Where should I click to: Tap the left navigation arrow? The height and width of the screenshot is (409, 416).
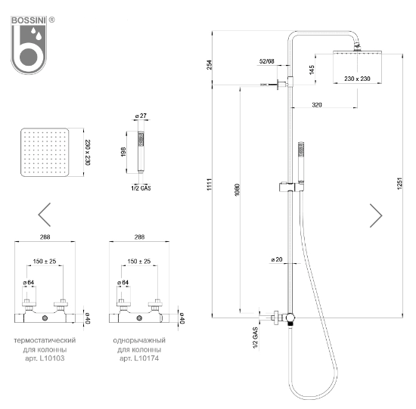pos(45,215)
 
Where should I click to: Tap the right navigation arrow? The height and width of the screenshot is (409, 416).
pos(376,215)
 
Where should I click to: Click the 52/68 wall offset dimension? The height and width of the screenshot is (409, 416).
pos(266,60)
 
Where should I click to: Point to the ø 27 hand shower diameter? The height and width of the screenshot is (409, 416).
pos(139,115)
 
